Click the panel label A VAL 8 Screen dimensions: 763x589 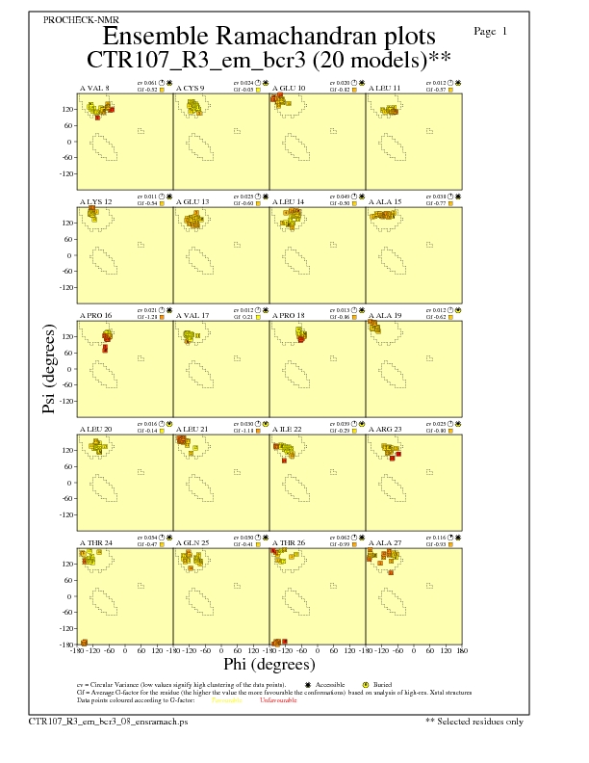(x=94, y=88)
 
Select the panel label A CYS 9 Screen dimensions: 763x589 (x=191, y=88)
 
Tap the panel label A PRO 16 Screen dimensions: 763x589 (x=95, y=315)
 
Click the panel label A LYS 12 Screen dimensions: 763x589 (x=95, y=201)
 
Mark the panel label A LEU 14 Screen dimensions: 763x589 (x=288, y=201)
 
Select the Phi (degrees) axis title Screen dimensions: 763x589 (x=269, y=664)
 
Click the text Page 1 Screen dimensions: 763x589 (x=491, y=32)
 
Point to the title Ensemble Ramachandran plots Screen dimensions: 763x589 (x=269, y=37)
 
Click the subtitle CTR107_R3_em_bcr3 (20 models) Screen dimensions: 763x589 (x=269, y=60)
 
